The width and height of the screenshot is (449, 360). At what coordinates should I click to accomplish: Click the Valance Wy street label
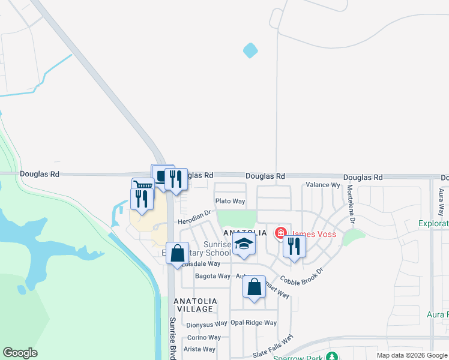click(323, 185)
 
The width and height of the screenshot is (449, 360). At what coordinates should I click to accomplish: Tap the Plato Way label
click(230, 201)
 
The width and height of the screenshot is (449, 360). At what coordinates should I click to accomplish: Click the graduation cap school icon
click(244, 244)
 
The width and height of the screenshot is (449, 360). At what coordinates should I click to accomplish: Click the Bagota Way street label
click(212, 276)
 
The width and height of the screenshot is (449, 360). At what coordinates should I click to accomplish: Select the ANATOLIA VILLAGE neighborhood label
click(194, 304)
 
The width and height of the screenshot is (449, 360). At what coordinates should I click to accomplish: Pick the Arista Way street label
click(200, 349)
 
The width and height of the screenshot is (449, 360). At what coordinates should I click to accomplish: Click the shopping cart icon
click(142, 185)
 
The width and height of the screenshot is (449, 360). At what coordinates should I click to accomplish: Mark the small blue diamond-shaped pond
click(251, 51)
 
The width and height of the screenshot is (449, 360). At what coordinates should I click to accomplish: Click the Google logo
click(20, 353)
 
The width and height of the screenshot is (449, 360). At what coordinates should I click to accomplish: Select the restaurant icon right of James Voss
click(294, 246)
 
